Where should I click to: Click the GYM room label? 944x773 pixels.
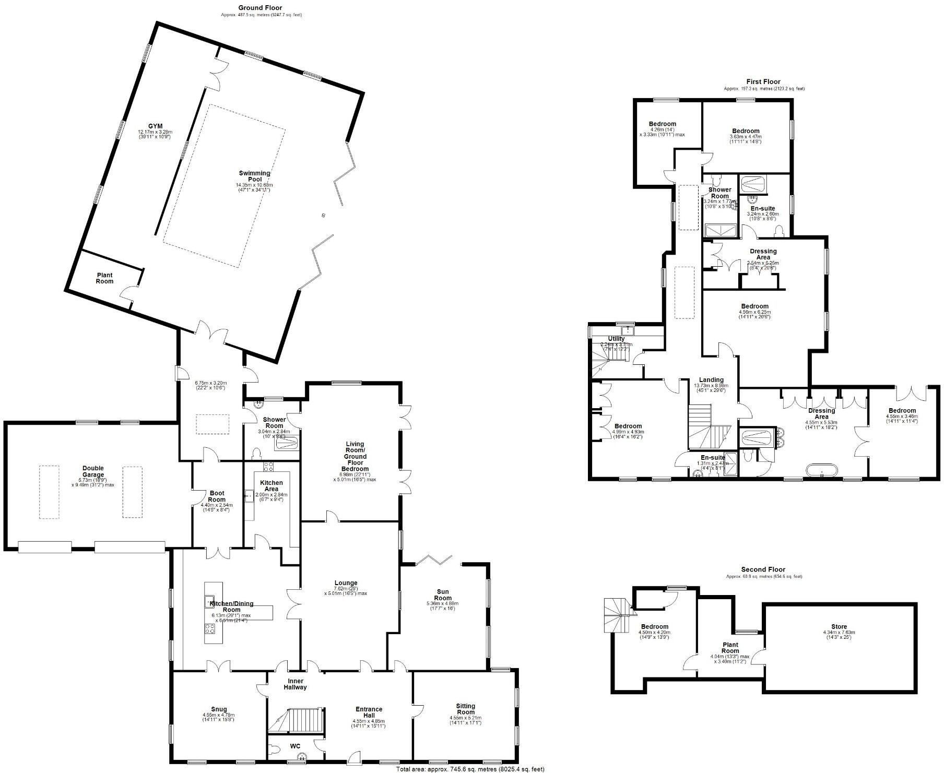pyautogui.click(x=155, y=126)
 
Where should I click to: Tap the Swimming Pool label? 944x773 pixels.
pyautogui.click(x=254, y=176)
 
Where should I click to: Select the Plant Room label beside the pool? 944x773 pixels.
pyautogui.click(x=104, y=278)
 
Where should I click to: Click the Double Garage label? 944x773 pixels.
pyautogui.click(x=93, y=471)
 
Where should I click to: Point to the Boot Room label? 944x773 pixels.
pyautogui.click(x=217, y=496)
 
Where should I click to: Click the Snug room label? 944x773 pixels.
pyautogui.click(x=219, y=709)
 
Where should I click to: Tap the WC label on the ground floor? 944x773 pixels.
pyautogui.click(x=296, y=747)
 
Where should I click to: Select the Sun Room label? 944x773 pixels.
pyautogui.click(x=443, y=595)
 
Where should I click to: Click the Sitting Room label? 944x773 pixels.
pyautogui.click(x=466, y=709)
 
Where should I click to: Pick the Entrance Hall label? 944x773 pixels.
pyautogui.click(x=369, y=712)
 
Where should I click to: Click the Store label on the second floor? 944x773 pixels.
pyautogui.click(x=839, y=627)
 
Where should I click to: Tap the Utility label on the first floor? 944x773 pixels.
pyautogui.click(x=616, y=339)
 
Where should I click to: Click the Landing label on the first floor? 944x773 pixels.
pyautogui.click(x=711, y=380)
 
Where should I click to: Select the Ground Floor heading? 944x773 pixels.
pyautogui.click(x=260, y=8)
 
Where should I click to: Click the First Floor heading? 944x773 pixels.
pyautogui.click(x=763, y=82)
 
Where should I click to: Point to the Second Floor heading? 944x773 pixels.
pyautogui.click(x=763, y=569)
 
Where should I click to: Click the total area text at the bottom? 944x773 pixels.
pyautogui.click(x=470, y=769)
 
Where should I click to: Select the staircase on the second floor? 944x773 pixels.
pyautogui.click(x=617, y=614)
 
